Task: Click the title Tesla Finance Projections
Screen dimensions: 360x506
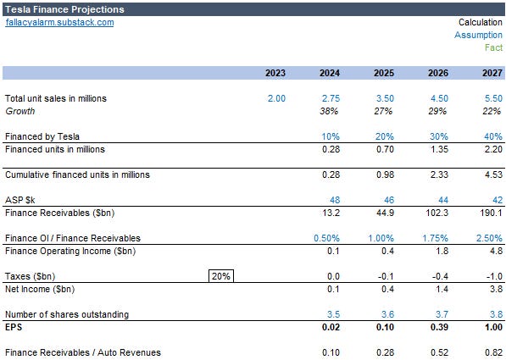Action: (x=64, y=9)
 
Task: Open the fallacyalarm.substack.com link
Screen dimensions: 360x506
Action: (x=59, y=22)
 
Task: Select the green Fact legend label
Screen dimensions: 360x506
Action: (x=493, y=47)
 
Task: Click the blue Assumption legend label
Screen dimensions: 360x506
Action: (x=478, y=35)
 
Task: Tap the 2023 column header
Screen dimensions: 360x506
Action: (x=275, y=74)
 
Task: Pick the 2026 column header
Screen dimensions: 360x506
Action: (x=438, y=74)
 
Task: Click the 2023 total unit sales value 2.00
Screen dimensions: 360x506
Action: (x=276, y=98)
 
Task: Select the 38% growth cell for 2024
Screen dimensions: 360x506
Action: (x=330, y=111)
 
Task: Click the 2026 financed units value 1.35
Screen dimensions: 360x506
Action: (x=438, y=149)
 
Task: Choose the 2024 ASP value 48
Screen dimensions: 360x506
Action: (x=334, y=200)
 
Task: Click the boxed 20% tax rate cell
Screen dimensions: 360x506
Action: (x=220, y=276)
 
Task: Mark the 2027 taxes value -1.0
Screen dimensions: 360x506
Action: (x=493, y=276)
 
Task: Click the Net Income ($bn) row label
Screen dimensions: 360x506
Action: (x=39, y=289)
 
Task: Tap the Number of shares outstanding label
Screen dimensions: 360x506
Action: (x=67, y=314)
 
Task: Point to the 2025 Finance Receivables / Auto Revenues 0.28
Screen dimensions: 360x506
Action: (x=384, y=352)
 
